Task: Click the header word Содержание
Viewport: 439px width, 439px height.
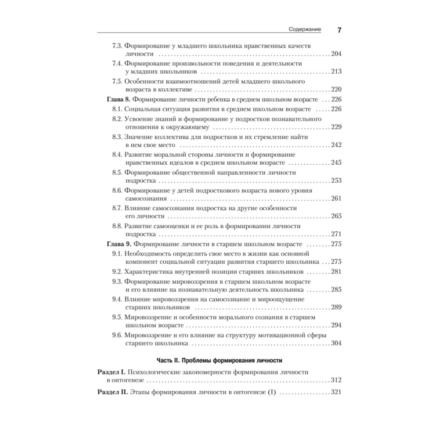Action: pos(305,30)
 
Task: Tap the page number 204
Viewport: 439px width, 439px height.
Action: pos(336,54)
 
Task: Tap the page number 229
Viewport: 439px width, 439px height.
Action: pos(336,127)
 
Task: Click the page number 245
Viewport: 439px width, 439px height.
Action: pos(336,163)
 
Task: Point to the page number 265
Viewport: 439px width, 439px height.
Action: pos(336,216)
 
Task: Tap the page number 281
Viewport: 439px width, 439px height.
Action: pos(336,272)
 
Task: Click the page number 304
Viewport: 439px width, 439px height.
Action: pos(336,343)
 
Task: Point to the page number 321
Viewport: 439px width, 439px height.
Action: pos(336,392)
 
